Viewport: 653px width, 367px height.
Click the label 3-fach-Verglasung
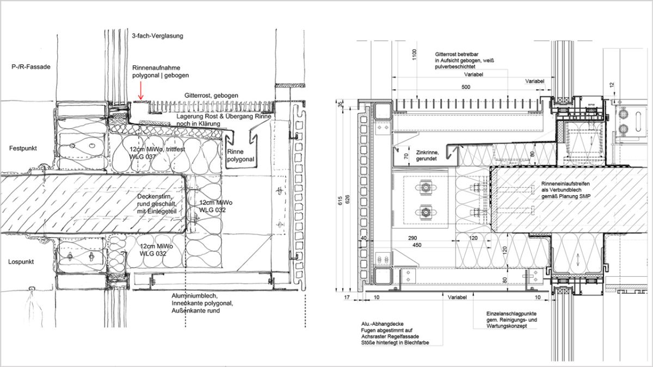coord(158,36)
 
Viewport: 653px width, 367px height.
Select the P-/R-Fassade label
coord(31,67)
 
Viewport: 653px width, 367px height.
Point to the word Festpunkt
coord(22,148)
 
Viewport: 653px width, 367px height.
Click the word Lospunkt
coord(21,262)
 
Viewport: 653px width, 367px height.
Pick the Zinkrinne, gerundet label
coord(426,158)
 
